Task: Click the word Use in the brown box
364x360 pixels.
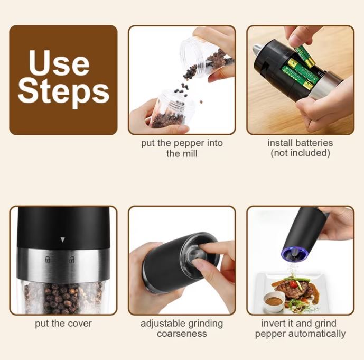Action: point(59,63)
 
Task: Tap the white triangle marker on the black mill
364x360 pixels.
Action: point(62,239)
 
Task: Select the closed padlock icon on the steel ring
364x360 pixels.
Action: point(48,259)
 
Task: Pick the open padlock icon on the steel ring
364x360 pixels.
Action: point(72,259)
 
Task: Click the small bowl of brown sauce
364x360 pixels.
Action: point(274,301)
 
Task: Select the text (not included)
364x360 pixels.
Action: point(300,153)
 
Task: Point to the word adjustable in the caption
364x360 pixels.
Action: point(161,324)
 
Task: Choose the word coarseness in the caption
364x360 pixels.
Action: point(182,334)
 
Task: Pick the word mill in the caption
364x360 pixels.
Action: point(192,153)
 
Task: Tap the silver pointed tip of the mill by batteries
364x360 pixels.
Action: point(257,49)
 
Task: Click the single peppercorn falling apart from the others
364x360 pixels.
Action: point(201,101)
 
